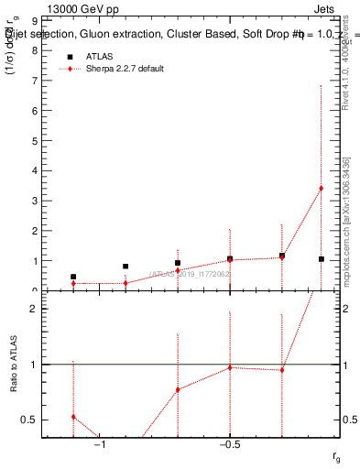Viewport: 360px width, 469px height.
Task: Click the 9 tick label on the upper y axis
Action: click(33, 20)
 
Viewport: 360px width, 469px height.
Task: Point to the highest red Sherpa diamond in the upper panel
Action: click(321, 189)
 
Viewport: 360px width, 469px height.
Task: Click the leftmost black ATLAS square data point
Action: click(73, 277)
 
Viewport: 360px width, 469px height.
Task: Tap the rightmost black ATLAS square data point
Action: click(321, 259)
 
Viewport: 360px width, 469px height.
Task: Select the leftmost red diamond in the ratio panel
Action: click(73, 417)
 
